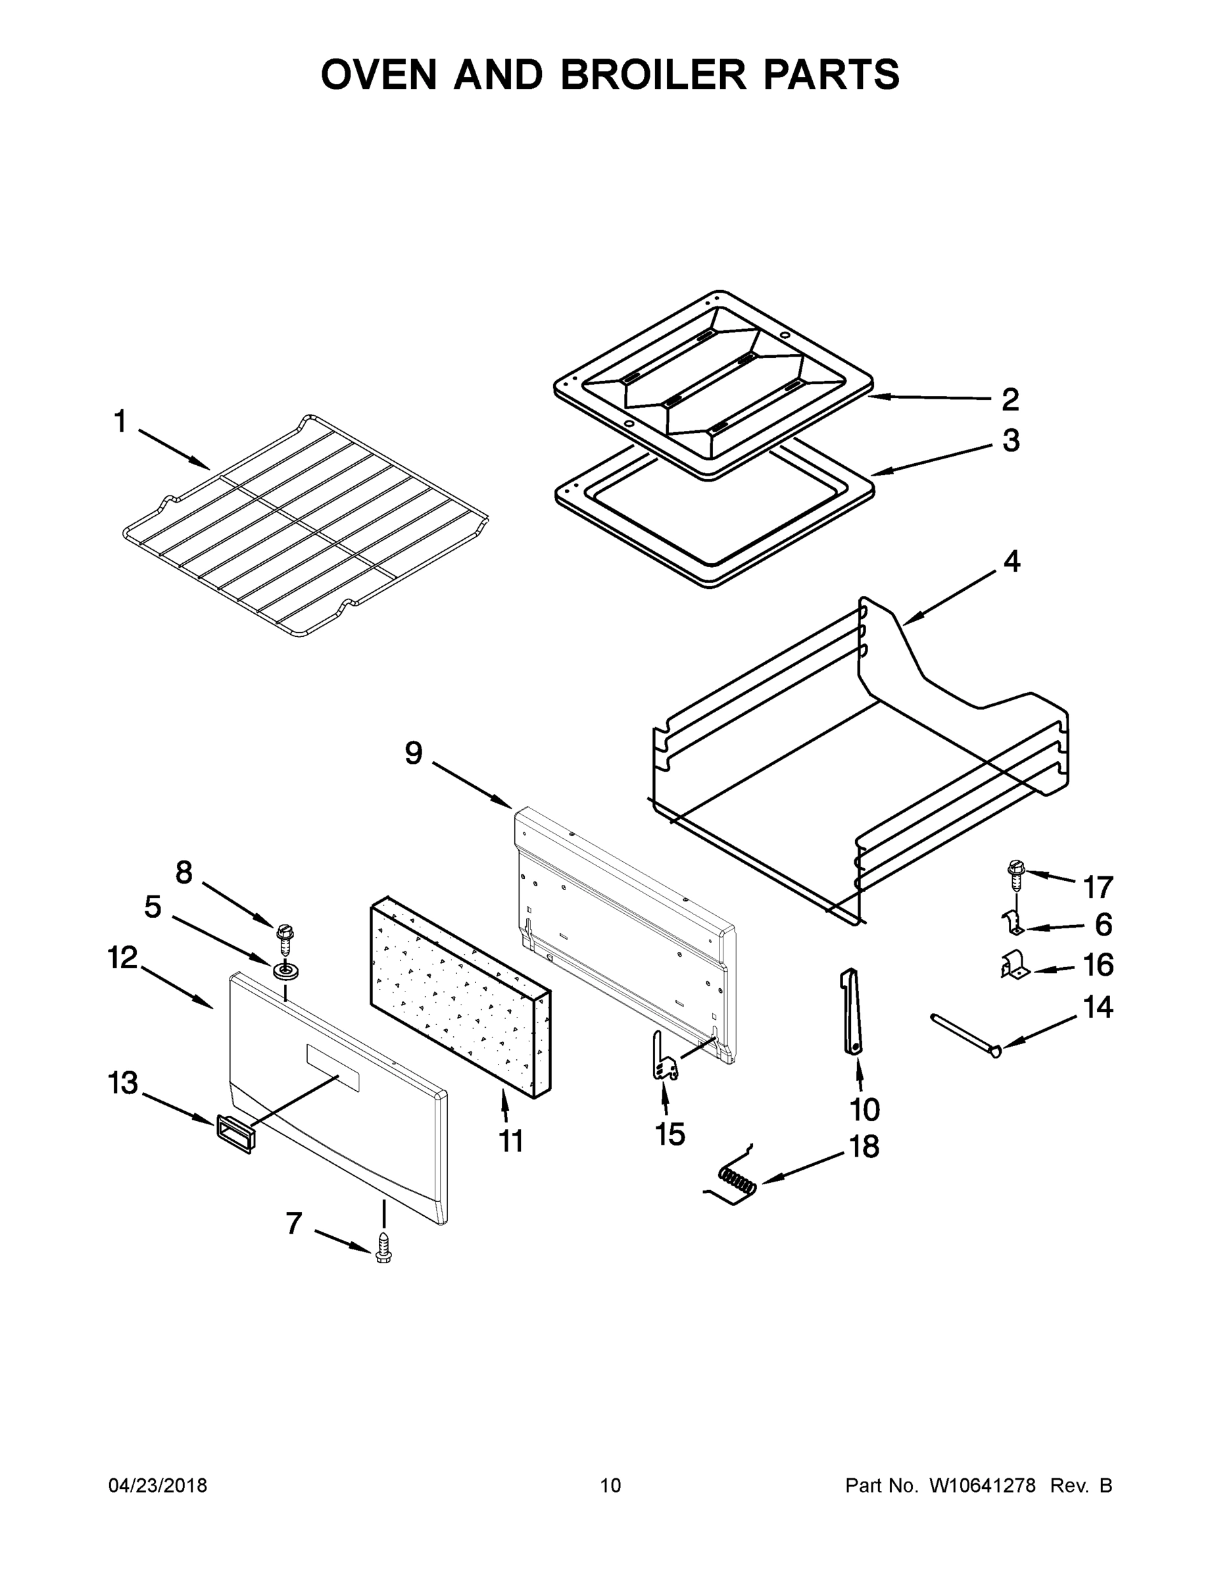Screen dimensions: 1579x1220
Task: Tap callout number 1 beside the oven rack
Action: (120, 422)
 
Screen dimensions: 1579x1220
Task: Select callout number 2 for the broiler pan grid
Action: (1010, 399)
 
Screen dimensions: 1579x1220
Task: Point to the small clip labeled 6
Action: (1015, 922)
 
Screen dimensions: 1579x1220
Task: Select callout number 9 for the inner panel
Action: (414, 754)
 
